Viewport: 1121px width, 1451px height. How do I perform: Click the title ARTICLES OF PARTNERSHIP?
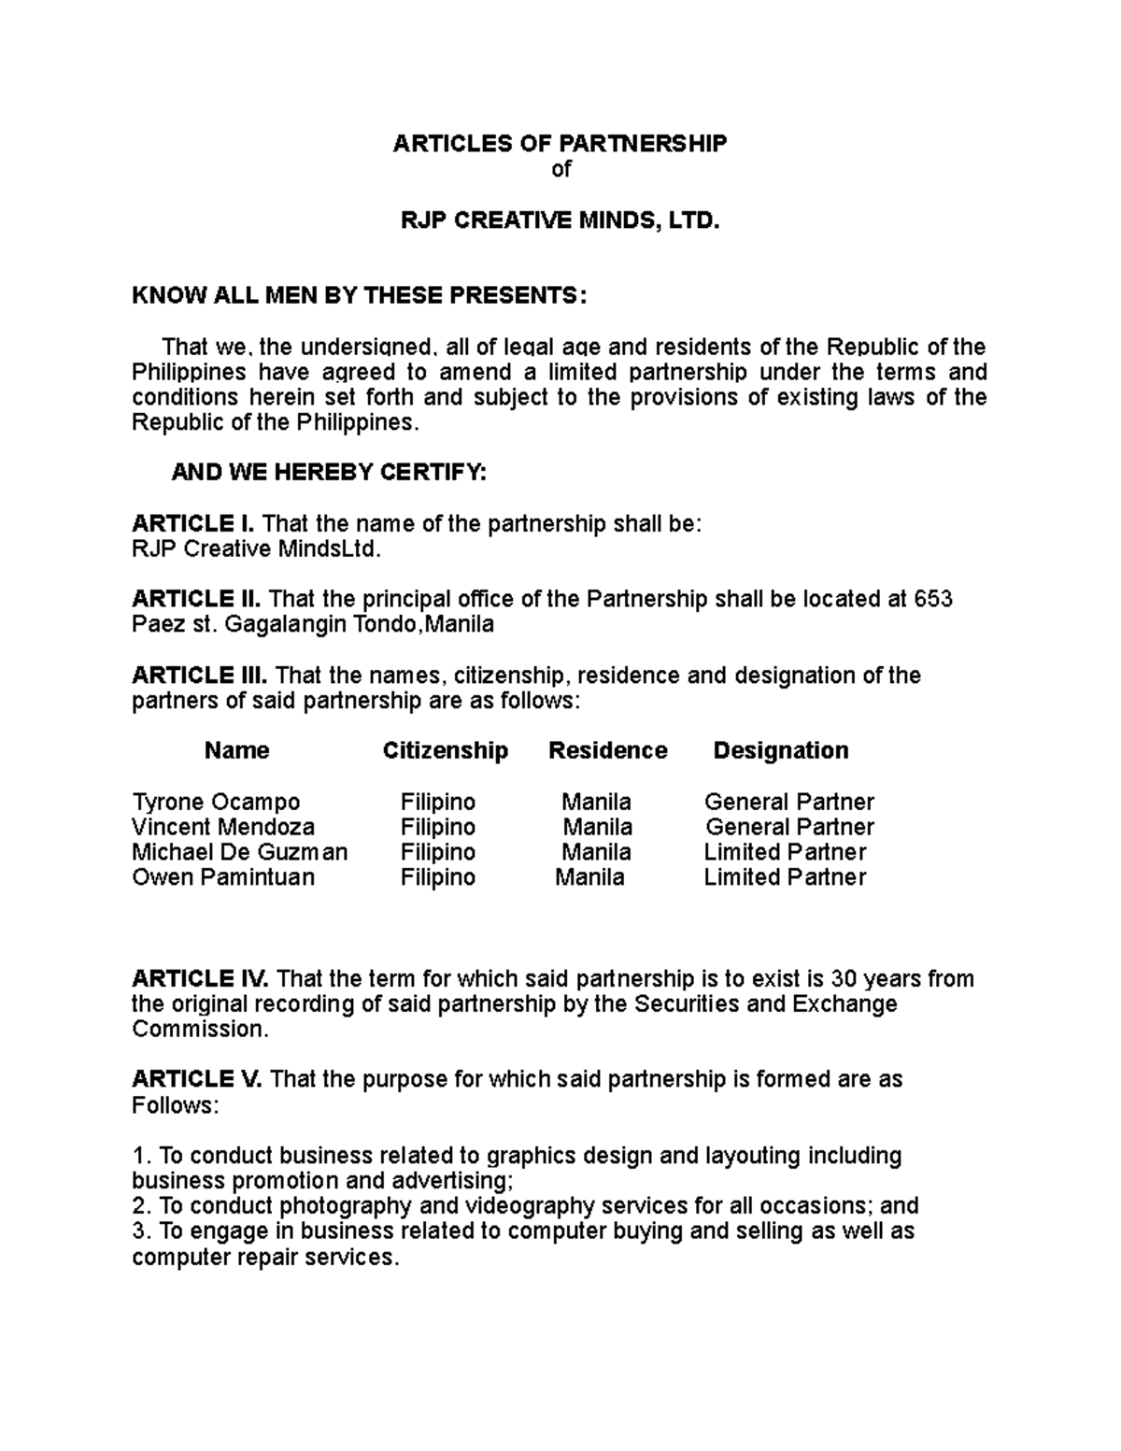click(559, 143)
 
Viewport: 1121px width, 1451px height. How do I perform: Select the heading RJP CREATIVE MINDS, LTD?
click(560, 221)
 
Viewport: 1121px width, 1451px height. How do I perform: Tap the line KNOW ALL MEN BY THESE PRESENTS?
click(360, 296)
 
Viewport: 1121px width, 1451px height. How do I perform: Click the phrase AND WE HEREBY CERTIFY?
click(329, 473)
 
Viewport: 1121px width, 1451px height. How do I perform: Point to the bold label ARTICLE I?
click(192, 524)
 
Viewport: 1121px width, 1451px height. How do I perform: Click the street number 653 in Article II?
click(933, 599)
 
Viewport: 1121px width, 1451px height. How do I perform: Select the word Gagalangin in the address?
click(273, 625)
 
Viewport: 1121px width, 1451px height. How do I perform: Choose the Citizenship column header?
click(445, 750)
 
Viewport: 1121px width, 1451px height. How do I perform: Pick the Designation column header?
click(780, 750)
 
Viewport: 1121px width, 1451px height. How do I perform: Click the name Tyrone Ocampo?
click(216, 802)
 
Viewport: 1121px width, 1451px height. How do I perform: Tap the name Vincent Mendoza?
click(222, 827)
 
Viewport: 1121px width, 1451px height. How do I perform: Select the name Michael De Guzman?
click(239, 852)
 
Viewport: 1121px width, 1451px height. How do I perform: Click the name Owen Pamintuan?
click(222, 877)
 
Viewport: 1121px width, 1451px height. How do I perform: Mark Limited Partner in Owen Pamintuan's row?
click(785, 877)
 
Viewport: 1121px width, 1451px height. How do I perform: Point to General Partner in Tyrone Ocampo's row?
click(788, 802)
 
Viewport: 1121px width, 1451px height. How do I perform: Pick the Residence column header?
click(607, 750)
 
